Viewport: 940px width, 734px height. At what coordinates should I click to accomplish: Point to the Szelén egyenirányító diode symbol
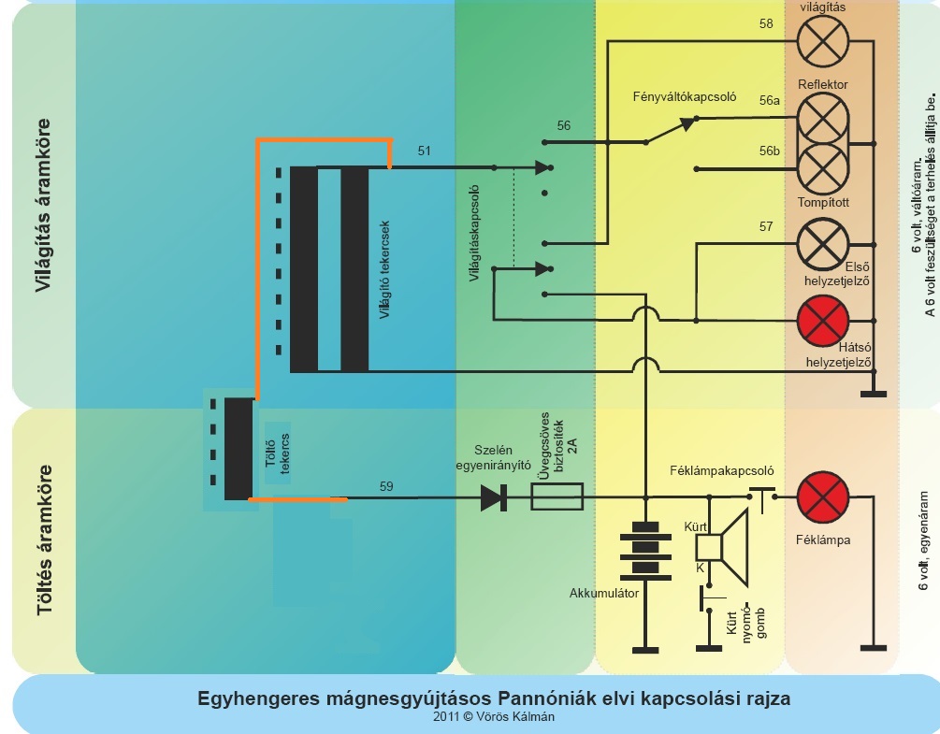tap(493, 497)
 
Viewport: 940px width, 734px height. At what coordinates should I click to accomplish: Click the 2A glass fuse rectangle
tap(557, 497)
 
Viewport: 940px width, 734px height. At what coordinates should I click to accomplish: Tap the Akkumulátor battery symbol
tap(645, 552)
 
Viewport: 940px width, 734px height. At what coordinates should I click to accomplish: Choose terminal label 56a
tap(770, 100)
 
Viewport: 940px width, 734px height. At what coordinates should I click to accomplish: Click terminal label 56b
tap(770, 151)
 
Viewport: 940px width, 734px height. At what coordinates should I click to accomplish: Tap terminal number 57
tap(767, 226)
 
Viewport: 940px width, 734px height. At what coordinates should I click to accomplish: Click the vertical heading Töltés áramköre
tap(44, 541)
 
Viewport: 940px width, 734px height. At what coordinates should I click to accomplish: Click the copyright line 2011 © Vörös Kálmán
tap(494, 717)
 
